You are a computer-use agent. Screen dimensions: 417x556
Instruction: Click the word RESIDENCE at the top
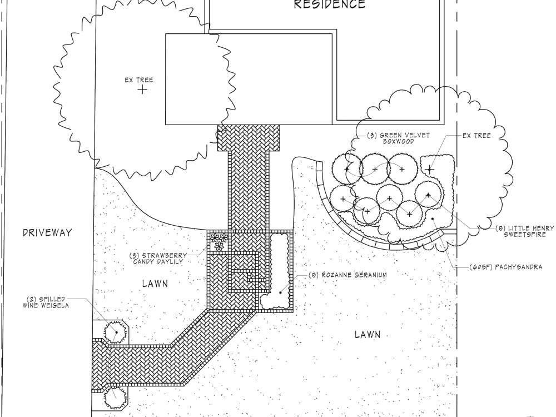point(330,5)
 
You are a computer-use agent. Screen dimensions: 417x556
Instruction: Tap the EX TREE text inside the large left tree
point(138,80)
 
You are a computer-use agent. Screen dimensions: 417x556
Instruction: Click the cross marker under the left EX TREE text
point(143,89)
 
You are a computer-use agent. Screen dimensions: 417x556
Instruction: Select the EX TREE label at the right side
point(476,136)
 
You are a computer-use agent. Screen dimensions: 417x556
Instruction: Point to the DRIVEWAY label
point(47,232)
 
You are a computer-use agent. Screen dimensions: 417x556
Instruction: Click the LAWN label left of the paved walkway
point(155,284)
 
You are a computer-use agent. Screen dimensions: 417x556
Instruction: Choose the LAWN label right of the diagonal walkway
point(368,334)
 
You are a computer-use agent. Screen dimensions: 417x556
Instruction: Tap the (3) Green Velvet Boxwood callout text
point(398,138)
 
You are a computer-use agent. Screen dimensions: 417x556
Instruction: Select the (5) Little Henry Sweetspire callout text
point(521,231)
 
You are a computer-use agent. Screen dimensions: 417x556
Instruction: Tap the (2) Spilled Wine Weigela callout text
point(46,302)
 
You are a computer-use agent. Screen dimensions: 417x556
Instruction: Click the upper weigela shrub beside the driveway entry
point(116,332)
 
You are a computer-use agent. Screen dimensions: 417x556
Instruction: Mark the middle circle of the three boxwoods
point(374,168)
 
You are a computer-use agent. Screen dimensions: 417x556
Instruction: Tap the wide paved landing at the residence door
point(248,138)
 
